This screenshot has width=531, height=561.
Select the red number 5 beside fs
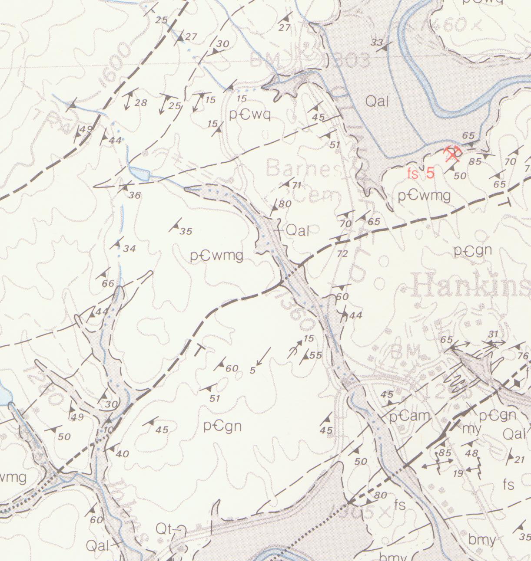pos(430,173)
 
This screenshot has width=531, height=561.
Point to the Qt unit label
pos(164,529)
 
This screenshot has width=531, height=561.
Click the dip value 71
pos(297,185)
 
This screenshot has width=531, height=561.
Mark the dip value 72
pos(342,254)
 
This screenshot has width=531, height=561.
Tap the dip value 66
pos(108,284)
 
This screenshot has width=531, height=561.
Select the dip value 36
pos(135,196)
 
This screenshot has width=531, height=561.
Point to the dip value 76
pos(523,356)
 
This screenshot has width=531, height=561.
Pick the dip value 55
pos(316,355)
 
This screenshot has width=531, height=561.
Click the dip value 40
pos(123,454)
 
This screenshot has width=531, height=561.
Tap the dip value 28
pos(141,103)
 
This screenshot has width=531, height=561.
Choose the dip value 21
pos(520,459)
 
